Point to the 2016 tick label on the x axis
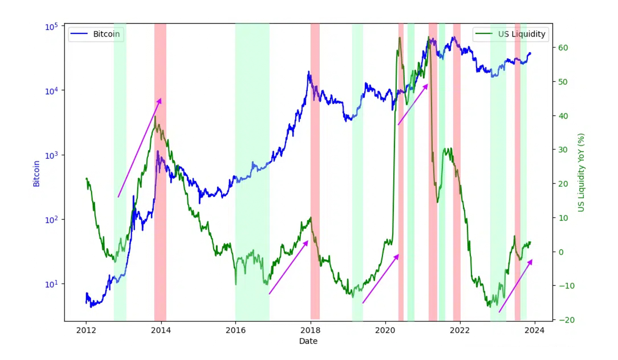click(236, 330)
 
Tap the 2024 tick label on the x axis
click(534, 330)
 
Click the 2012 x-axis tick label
click(86, 330)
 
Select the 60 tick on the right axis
click(563, 48)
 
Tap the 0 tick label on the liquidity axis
click(561, 252)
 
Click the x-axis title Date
click(308, 341)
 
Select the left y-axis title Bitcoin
click(36, 174)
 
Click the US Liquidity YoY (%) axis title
click(581, 172)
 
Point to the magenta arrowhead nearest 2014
click(160, 100)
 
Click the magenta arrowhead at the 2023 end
click(530, 262)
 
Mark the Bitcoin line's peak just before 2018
click(309, 72)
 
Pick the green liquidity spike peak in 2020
click(400, 37)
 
